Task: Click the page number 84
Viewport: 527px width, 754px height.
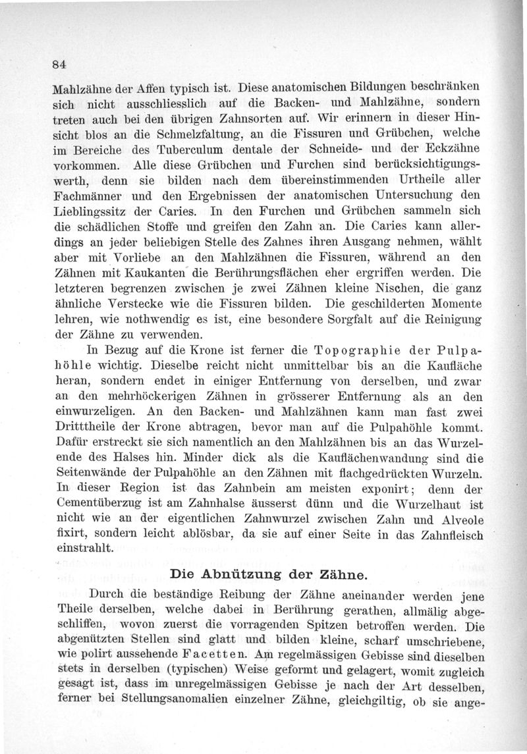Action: pos(62,64)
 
